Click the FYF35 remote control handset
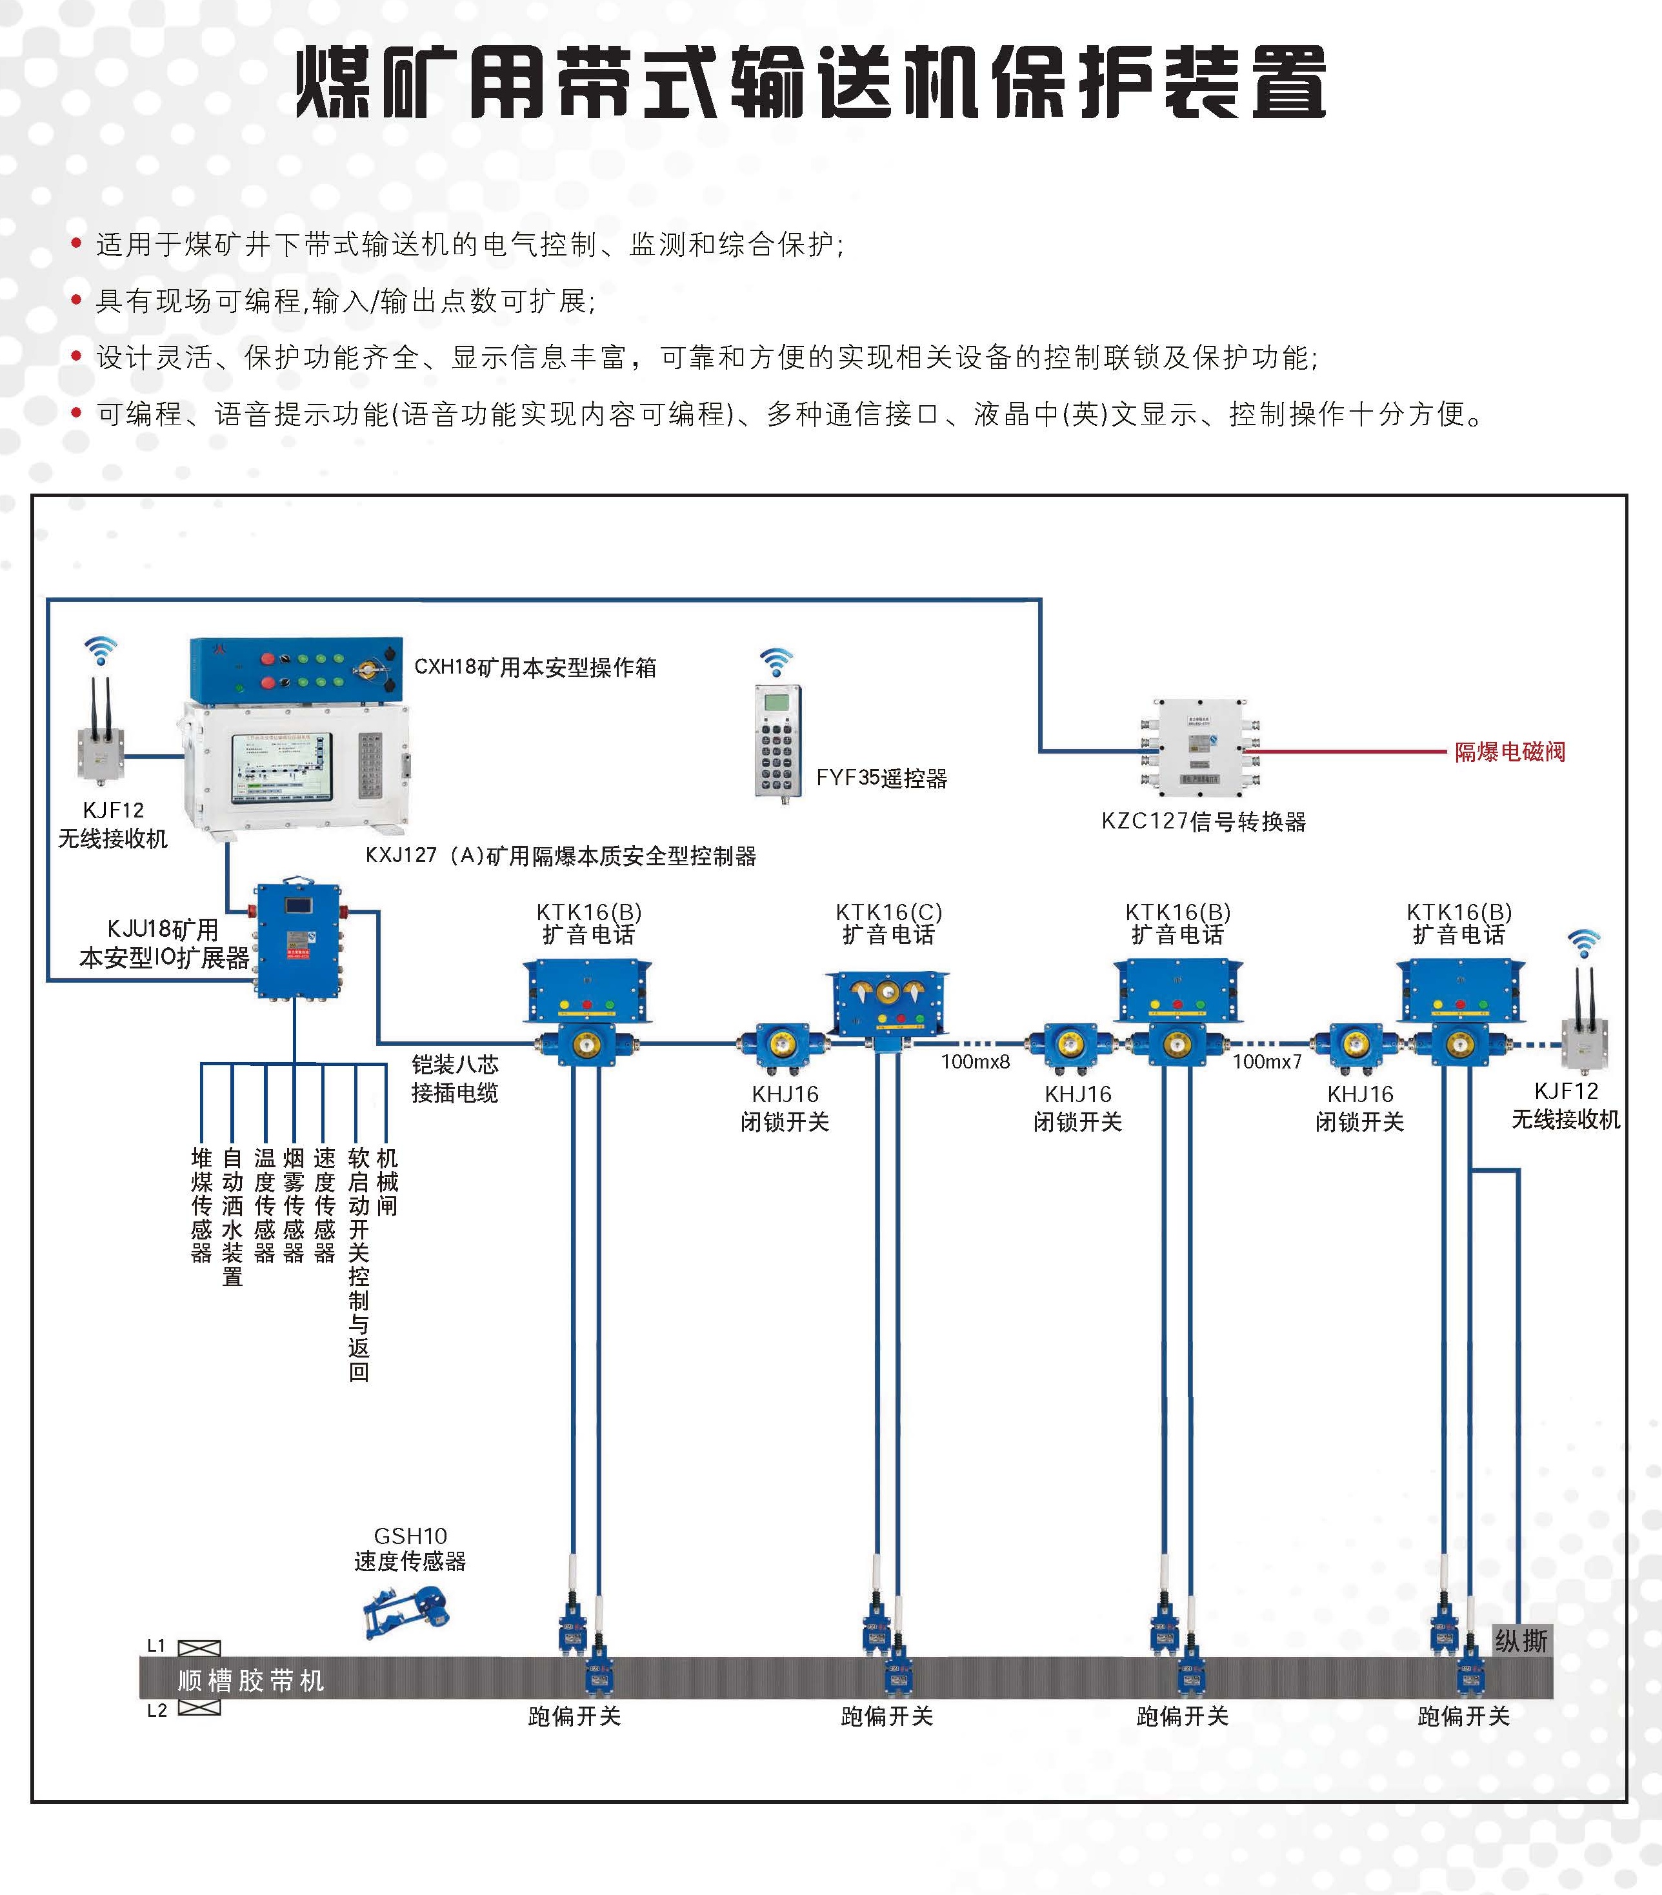[777, 742]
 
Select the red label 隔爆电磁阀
[1509, 752]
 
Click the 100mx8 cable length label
[975, 1061]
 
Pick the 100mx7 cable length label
[1267, 1061]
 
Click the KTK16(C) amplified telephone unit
[887, 1003]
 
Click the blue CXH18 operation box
[295, 669]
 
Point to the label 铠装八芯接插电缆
[454, 1078]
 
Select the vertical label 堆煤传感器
[201, 1205]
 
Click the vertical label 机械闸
[388, 1182]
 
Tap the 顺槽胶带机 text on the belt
[250, 1680]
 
